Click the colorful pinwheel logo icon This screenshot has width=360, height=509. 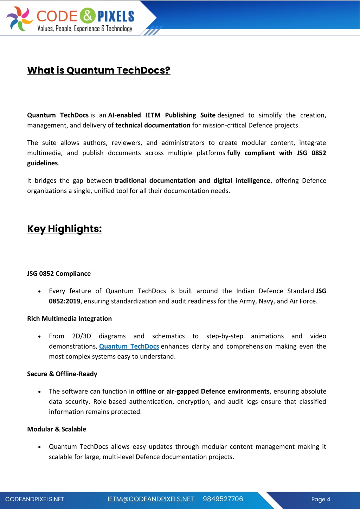pos(20,19)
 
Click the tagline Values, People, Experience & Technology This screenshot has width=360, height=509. pos(85,28)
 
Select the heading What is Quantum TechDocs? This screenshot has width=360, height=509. pos(99,70)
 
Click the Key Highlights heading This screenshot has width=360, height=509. pos(64,229)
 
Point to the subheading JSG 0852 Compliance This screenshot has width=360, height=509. pos(59,274)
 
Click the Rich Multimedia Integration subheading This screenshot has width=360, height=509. pos(69,319)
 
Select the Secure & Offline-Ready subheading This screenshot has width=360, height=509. pos(62,374)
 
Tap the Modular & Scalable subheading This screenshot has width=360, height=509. pos(57,429)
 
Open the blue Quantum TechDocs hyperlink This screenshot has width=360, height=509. pos(129,346)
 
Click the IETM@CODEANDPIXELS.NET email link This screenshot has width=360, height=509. pos(150,499)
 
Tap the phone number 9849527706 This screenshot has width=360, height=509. pos(223,499)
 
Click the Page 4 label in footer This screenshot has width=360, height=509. pos(321,500)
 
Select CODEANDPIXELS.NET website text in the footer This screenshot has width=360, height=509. pos(35,500)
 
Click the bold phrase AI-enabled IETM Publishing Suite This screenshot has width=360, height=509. pos(162,115)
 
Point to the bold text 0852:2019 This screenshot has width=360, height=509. pos(65,301)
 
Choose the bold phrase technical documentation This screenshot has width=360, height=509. pos(153,126)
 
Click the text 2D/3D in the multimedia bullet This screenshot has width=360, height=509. pos(82,336)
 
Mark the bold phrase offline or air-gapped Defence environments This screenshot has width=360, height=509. pos(203,392)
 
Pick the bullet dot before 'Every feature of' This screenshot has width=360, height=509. pos(40,292)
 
